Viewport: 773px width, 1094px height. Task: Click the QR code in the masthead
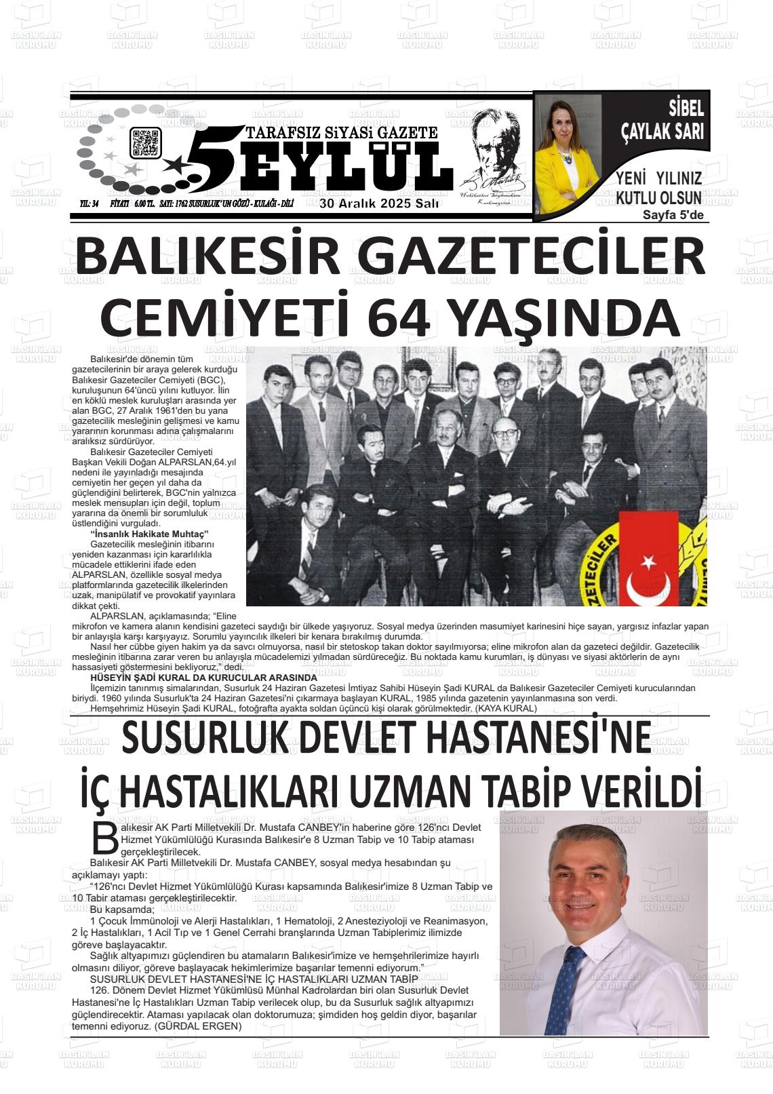point(144,142)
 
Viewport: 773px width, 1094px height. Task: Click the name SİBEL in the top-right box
point(686,108)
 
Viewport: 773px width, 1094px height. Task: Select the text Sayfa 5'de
point(673,215)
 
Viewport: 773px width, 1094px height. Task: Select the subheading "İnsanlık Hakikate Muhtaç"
point(149,534)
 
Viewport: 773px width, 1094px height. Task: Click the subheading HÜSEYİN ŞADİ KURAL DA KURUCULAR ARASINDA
point(204,678)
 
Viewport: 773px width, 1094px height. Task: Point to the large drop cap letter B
point(105,838)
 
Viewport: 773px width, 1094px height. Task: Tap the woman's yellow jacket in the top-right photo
point(553,183)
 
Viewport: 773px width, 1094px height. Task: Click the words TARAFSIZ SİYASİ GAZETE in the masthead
point(342,132)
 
